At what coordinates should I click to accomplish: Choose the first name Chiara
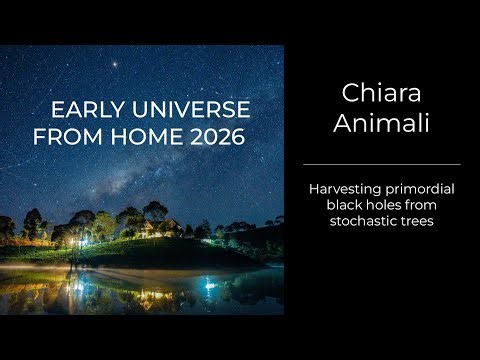click(x=381, y=94)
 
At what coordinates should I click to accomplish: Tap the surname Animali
click(x=381, y=125)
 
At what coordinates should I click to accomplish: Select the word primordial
click(x=420, y=188)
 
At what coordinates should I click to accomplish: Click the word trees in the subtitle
click(x=417, y=220)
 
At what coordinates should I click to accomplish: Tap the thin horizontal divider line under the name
click(x=381, y=164)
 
